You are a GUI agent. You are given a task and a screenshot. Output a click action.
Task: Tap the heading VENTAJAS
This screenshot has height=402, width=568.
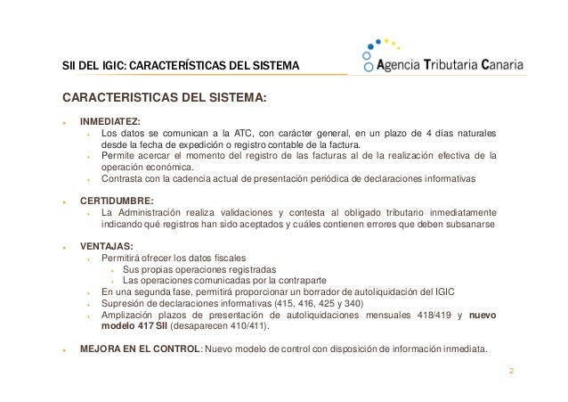pos(105,246)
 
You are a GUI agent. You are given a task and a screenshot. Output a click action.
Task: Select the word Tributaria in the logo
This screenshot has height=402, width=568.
pos(452,64)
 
